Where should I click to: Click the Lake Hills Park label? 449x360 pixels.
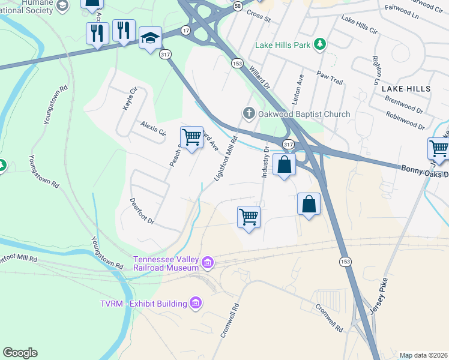coord(283,44)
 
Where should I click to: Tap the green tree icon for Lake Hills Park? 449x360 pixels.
coord(321,44)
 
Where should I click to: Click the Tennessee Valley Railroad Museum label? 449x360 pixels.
coord(166,263)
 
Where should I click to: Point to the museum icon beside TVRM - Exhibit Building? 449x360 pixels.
coord(196,304)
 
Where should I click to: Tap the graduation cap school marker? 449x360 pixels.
coord(149,39)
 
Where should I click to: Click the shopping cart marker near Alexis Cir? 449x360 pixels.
coord(191,137)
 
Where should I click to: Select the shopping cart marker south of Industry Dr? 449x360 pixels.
coord(249,217)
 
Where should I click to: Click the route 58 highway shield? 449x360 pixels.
coord(238,5)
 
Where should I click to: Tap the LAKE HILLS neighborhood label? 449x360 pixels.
coord(406,88)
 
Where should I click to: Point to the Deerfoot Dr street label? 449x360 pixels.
coord(143,213)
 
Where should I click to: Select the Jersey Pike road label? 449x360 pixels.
coord(379,296)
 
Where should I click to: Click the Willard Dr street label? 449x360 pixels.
coord(259,78)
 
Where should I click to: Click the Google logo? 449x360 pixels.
coord(20,353)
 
